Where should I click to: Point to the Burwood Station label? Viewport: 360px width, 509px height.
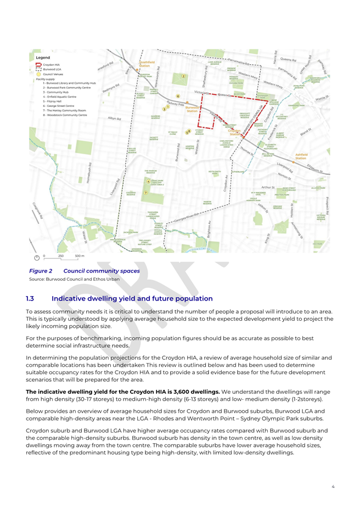[x=192, y=109]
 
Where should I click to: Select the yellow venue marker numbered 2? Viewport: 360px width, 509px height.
[x=184, y=76]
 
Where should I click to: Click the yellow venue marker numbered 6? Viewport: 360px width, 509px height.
[x=178, y=96]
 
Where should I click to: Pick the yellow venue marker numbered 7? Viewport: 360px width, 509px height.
[x=145, y=193]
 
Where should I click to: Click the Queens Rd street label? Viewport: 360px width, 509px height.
[x=288, y=59]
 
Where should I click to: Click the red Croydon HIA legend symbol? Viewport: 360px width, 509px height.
[x=38, y=65]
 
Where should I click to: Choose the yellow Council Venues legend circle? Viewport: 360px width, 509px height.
[x=38, y=74]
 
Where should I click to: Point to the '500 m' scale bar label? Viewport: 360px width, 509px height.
[x=80, y=256]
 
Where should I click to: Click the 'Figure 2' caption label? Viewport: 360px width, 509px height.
[x=41, y=271]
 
